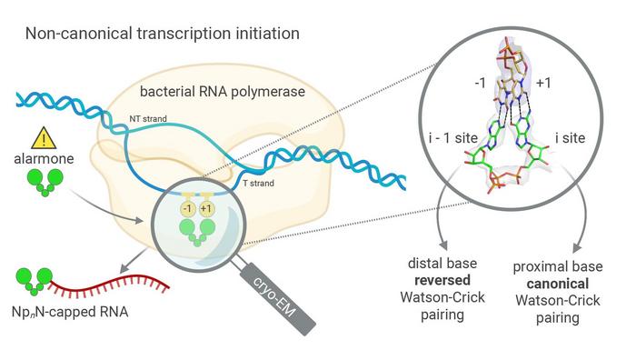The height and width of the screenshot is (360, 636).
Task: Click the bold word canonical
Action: (x=559, y=279)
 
